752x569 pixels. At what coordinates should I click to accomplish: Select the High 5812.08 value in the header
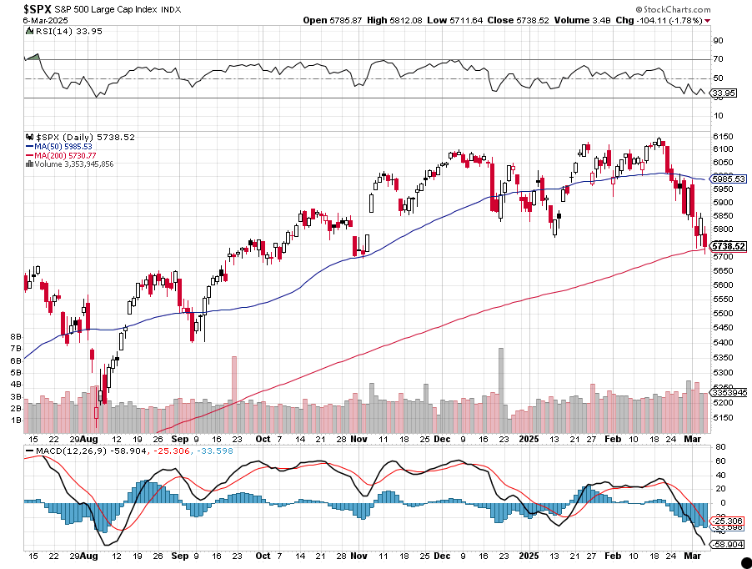click(x=423, y=19)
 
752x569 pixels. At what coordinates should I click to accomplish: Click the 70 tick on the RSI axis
click(x=717, y=58)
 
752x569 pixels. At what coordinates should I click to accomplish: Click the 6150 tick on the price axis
click(x=722, y=136)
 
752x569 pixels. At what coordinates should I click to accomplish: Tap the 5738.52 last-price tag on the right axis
click(x=728, y=246)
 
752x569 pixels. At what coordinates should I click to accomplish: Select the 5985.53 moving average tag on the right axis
click(x=728, y=179)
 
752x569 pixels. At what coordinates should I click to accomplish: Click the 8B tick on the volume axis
click(x=15, y=336)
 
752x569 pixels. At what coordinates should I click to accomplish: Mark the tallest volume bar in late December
click(x=501, y=375)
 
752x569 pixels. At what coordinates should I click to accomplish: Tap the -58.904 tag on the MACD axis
click(x=727, y=544)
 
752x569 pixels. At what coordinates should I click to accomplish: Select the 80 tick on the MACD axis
click(x=717, y=446)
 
